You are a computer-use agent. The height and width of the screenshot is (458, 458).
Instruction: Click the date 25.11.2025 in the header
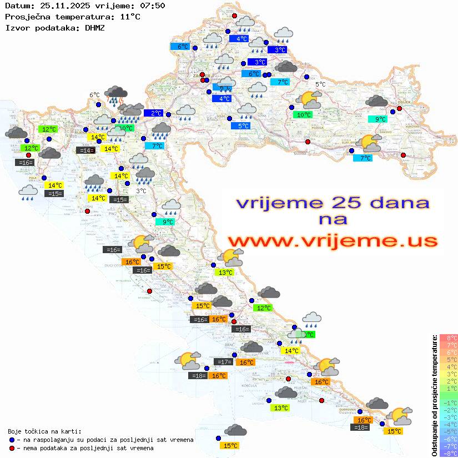[61, 6]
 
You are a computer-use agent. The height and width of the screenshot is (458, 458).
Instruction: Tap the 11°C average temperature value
[130, 16]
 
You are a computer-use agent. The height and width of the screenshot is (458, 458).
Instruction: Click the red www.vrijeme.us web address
[332, 241]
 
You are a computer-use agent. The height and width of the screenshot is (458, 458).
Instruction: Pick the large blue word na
[332, 220]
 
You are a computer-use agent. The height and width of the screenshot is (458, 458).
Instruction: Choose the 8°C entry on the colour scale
[448, 338]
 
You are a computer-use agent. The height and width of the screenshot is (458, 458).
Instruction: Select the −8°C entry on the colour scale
[448, 454]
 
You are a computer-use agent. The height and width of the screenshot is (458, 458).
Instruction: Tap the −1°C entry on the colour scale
[448, 402]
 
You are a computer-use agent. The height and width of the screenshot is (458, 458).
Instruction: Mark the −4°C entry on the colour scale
[448, 424]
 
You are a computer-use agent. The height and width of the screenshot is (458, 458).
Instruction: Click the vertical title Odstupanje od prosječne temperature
[435, 395]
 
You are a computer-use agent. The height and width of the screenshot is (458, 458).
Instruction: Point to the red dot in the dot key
[12, 448]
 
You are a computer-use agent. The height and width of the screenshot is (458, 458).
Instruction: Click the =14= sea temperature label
[84, 150]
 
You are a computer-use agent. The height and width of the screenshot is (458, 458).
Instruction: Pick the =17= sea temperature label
[223, 362]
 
